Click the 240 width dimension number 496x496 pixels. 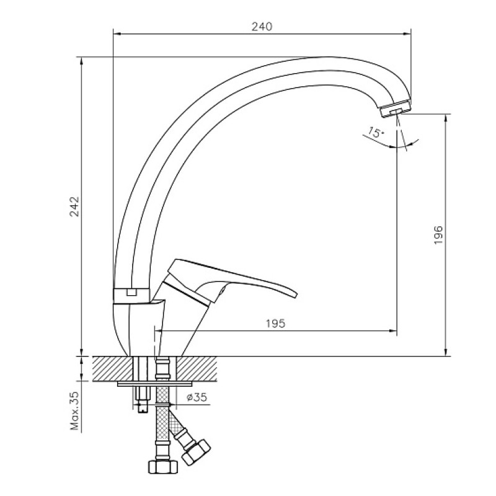click(262, 27)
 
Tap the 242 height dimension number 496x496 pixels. click(74, 206)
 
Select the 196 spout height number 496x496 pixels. click(438, 235)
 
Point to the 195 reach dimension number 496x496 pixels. click(275, 323)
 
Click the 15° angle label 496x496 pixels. click(376, 132)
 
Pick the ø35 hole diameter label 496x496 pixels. click(197, 397)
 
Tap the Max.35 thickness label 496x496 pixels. click(74, 410)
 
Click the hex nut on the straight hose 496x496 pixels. click(163, 466)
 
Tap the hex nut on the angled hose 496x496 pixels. click(196, 453)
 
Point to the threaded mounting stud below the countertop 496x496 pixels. click(142, 399)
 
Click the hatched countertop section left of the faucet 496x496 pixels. click(113, 368)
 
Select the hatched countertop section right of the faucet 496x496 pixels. click(197, 368)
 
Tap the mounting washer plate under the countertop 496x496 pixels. click(155, 384)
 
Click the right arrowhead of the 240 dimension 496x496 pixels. click(407, 33)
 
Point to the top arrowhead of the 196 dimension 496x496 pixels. click(446, 118)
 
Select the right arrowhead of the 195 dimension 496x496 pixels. click(393, 331)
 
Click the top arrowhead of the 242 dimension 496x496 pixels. click(82, 61)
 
